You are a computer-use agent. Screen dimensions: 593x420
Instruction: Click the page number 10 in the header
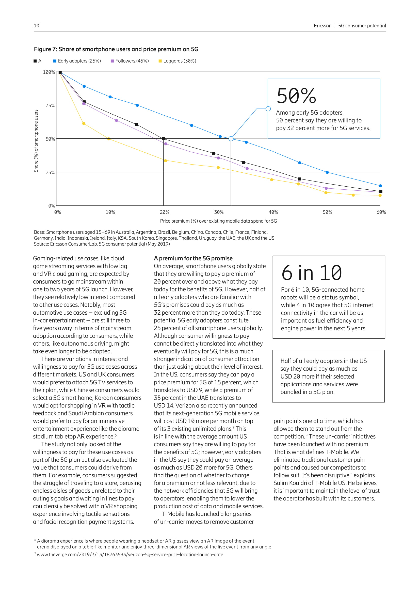pyautogui.click(x=37, y=26)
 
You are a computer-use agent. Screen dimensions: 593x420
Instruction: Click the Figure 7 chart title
pyautogui.click(x=116, y=49)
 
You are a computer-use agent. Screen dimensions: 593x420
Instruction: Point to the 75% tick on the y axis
pyautogui.click(x=50, y=105)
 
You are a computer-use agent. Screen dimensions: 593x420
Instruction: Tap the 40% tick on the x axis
pyautogui.click(x=273, y=212)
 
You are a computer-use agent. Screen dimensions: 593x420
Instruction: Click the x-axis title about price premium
pyautogui.click(x=218, y=221)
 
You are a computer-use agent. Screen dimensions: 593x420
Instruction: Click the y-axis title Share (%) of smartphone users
pyautogui.click(x=36, y=141)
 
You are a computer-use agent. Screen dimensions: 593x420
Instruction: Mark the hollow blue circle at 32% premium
pyautogui.click(x=231, y=139)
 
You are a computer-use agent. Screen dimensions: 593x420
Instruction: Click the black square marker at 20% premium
pyautogui.click(x=163, y=139)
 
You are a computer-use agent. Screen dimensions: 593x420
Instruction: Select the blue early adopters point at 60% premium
pyautogui.click(x=380, y=186)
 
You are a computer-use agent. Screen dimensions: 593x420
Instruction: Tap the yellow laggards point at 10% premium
pyautogui.click(x=109, y=139)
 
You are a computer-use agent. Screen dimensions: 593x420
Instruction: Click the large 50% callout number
pyautogui.click(x=296, y=96)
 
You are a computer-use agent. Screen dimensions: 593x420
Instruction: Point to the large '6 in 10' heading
pyautogui.click(x=312, y=273)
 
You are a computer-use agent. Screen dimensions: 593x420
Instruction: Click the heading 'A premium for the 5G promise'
pyautogui.click(x=193, y=258)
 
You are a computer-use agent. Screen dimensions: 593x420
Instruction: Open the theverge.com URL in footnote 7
pyautogui.click(x=130, y=554)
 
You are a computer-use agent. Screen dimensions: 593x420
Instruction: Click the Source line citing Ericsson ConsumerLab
pyautogui.click(x=102, y=244)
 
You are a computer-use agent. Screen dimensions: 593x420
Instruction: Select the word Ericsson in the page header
pyautogui.click(x=322, y=26)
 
